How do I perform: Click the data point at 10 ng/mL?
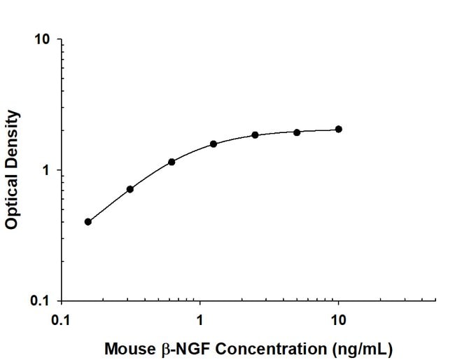(x=339, y=129)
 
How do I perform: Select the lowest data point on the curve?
(x=88, y=221)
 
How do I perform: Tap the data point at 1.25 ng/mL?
(x=213, y=144)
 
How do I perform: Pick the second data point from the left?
(x=130, y=189)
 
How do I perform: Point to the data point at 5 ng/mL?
(x=297, y=132)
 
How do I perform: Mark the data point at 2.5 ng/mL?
(x=255, y=134)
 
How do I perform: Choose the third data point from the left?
(x=171, y=162)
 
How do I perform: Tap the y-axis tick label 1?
(x=47, y=170)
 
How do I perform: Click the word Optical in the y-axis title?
(x=11, y=200)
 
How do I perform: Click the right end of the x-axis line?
(x=435, y=301)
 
